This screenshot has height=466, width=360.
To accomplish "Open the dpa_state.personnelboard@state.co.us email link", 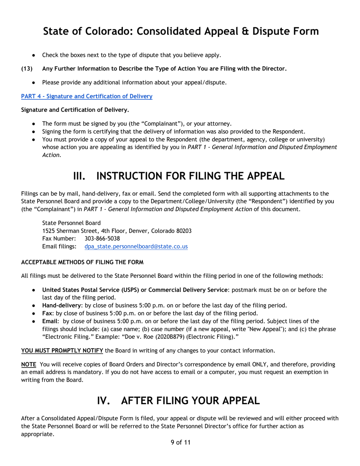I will point(136,246).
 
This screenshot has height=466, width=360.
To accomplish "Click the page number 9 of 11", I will point(180,442).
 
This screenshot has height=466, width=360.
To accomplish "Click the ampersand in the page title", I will point(248,31).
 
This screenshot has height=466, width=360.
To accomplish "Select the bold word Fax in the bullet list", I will point(47,313).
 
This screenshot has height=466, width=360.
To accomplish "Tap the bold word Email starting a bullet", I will point(50,321).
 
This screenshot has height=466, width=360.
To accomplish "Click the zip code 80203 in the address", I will point(183,230).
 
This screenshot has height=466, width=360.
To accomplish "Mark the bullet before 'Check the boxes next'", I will point(34,55).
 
